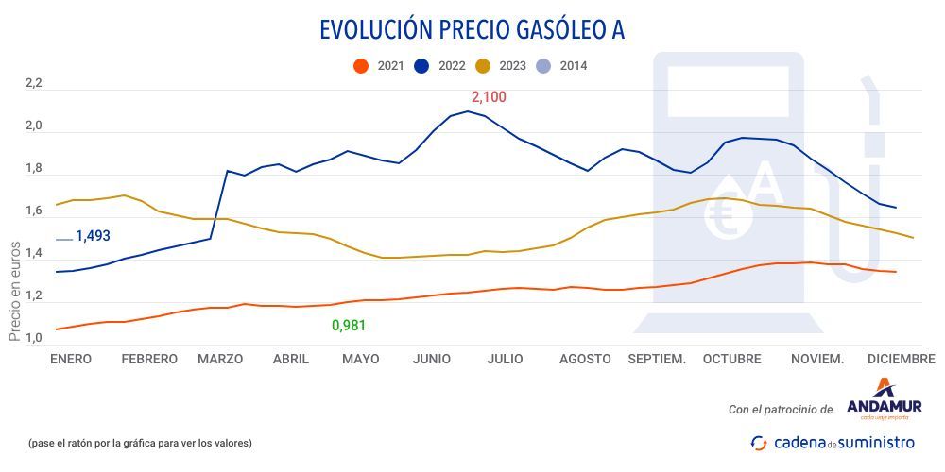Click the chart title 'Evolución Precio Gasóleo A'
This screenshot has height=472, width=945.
[x=472, y=30]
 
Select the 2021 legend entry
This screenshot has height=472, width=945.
[x=379, y=66]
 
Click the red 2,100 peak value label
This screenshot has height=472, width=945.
[x=489, y=97]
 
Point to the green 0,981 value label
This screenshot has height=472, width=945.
[x=348, y=326]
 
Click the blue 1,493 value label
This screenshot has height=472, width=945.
[x=93, y=236]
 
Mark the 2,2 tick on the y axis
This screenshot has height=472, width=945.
[x=34, y=84]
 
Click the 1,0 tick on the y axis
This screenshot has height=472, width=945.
[x=34, y=339]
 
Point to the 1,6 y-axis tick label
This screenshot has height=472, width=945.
[x=34, y=211]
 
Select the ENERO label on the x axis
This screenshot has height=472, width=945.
[x=71, y=359]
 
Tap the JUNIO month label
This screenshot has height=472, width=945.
[x=431, y=359]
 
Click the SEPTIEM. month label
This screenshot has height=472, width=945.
[x=657, y=359]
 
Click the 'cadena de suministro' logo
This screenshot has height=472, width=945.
[x=833, y=442]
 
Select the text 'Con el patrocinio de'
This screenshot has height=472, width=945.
[x=780, y=409]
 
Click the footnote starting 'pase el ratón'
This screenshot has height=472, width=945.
[x=140, y=443]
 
